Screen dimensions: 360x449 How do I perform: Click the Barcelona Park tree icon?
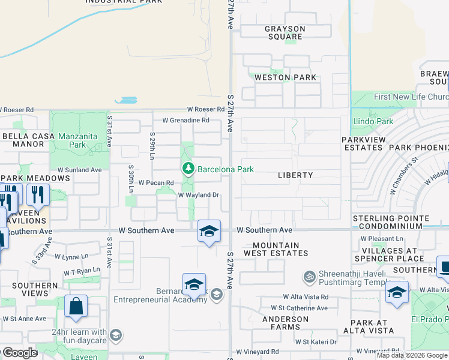pyautogui.click(x=188, y=168)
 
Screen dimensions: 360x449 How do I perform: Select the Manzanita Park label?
pyautogui.click(x=78, y=140)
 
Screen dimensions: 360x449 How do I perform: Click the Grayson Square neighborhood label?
pyautogui.click(x=285, y=32)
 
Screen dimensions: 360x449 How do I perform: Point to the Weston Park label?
pyautogui.click(x=285, y=77)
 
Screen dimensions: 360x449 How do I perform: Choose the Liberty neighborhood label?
pyautogui.click(x=295, y=175)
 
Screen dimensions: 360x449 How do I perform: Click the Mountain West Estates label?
pyautogui.click(x=276, y=250)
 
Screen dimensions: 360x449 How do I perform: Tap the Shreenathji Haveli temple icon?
pyautogui.click(x=310, y=277)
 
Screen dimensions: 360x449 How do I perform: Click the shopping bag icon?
pyautogui.click(x=76, y=307)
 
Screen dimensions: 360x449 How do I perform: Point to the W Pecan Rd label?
pyautogui.click(x=156, y=182)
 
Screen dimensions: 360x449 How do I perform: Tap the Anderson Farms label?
pyautogui.click(x=277, y=323)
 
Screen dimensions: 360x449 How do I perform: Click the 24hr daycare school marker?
pyautogui.click(x=116, y=335)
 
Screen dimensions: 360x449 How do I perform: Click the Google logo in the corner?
pyautogui.click(x=20, y=353)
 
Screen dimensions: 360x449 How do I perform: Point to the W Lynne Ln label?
pyautogui.click(x=76, y=257)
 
